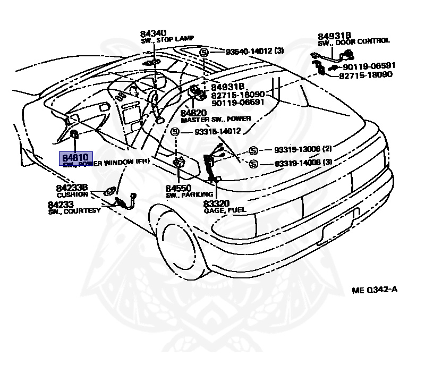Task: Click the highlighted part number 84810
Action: coord(75,158)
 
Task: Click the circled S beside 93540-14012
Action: coord(203,52)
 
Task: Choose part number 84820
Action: coord(193,113)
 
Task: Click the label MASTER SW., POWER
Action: coord(216,120)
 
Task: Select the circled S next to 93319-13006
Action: coord(253,150)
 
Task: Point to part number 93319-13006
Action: coord(296,150)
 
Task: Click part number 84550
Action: coord(178,188)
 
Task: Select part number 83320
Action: coord(217,203)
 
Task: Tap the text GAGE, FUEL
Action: coord(225,210)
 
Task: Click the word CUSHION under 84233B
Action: coord(72,194)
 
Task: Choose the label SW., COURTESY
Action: coord(74,211)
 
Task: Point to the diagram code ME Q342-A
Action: coord(374,290)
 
